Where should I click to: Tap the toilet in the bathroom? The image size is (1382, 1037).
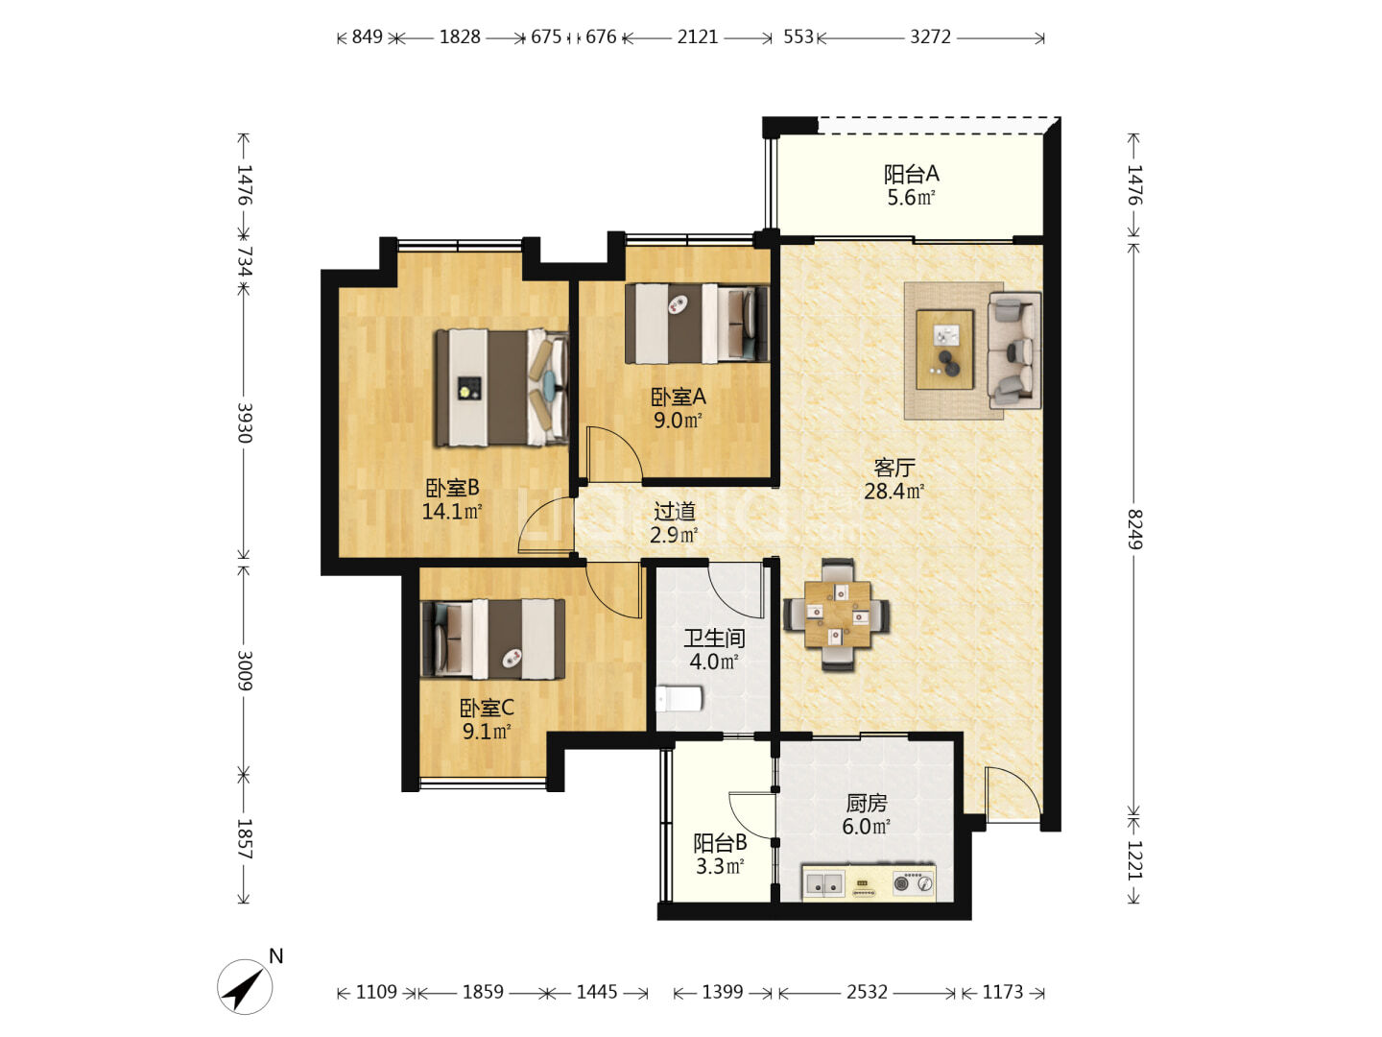[x=679, y=698]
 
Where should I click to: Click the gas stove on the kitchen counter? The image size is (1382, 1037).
[x=913, y=882]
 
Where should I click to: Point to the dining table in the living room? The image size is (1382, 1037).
[x=837, y=615]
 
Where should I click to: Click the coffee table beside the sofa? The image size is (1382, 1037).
[x=944, y=350]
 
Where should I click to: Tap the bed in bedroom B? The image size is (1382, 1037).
[x=503, y=388]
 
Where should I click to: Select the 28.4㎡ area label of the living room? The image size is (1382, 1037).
[x=894, y=491]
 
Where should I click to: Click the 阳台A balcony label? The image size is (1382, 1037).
[x=911, y=173]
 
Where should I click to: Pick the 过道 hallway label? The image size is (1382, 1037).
[x=675, y=511]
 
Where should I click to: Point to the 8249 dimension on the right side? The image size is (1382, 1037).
[x=1134, y=529]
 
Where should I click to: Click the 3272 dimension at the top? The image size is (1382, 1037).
[x=930, y=37]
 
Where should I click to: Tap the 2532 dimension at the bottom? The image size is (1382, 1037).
[x=867, y=992]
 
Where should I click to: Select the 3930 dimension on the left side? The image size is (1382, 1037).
[x=245, y=422]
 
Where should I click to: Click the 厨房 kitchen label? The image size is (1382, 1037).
[x=867, y=803]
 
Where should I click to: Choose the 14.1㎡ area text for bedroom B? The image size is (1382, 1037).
[x=451, y=511]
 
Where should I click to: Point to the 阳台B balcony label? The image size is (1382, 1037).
[x=720, y=842]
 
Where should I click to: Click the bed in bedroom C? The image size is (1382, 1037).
[x=492, y=639]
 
